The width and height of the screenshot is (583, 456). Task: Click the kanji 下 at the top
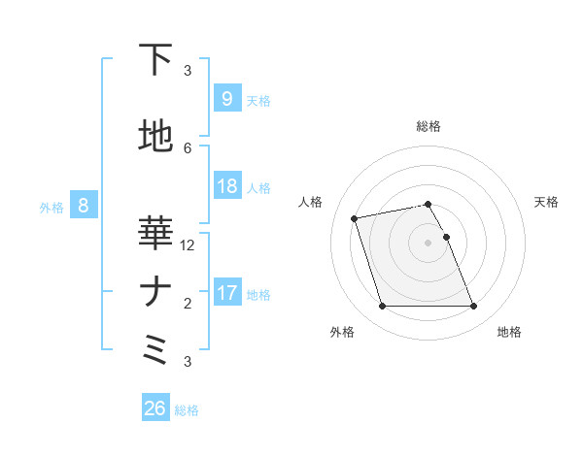point(154,61)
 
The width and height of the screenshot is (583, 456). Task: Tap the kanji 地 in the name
point(155,137)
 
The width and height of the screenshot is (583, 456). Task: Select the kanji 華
point(154,234)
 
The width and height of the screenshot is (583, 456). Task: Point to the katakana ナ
point(154,291)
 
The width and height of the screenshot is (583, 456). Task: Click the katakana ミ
point(154,348)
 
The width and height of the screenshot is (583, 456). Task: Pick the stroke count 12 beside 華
point(189,245)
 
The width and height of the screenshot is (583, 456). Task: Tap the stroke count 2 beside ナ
point(188,303)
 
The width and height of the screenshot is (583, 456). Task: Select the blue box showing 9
point(226,99)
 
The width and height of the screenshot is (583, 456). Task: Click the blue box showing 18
point(226,186)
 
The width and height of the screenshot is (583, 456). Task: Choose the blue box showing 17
point(226,292)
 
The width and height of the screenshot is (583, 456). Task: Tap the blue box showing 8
point(85,205)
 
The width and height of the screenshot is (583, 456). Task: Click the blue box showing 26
point(155,408)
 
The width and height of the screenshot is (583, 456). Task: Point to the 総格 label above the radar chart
point(429,126)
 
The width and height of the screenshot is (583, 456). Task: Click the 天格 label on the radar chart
point(547,202)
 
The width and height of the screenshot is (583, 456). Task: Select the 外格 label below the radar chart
point(342,332)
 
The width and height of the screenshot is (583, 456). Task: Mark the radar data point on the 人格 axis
point(355,217)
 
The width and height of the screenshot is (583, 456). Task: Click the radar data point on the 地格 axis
point(473,307)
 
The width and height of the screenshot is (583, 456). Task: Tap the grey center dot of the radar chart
point(428,242)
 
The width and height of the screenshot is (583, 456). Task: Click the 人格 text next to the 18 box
point(258,187)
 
